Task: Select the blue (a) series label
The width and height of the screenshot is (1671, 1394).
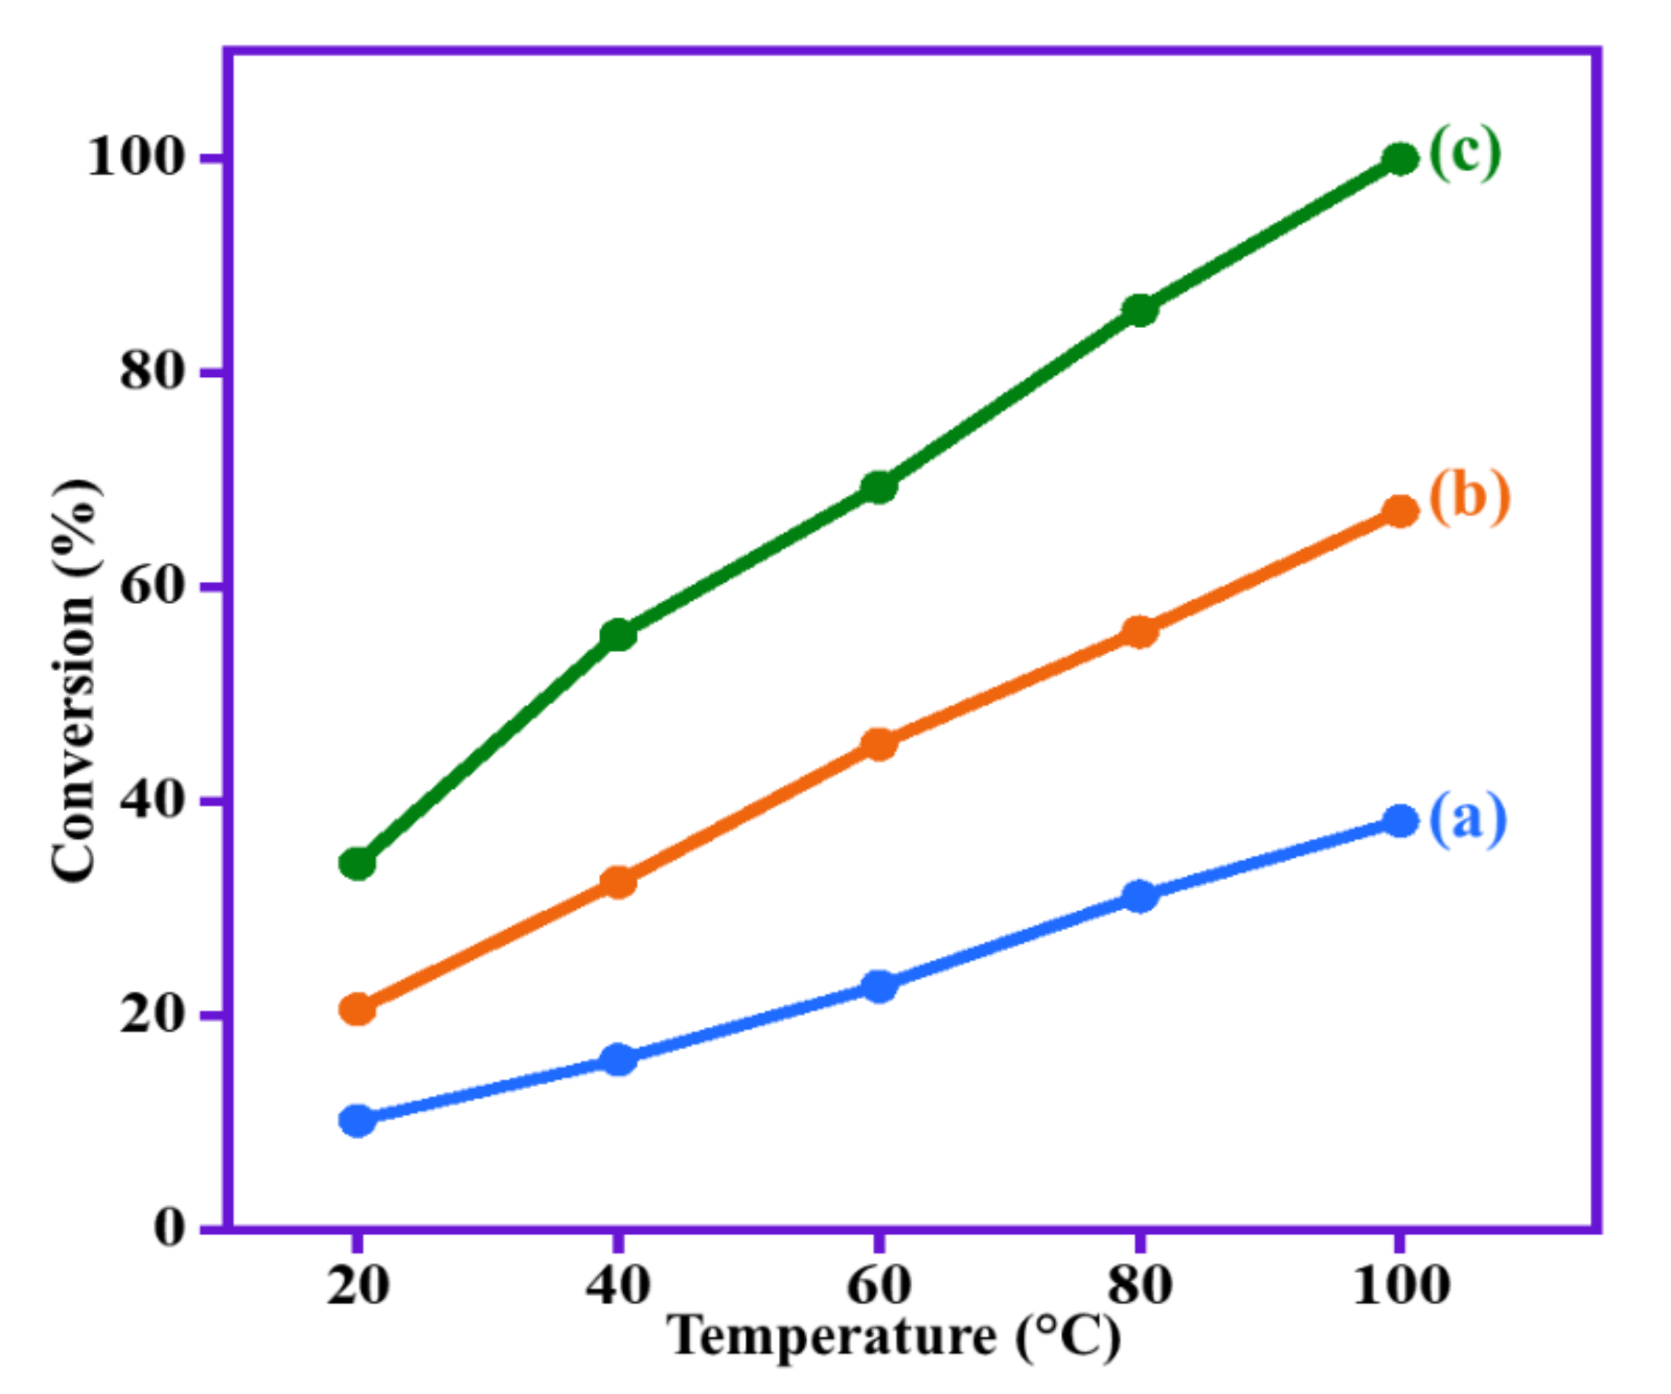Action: point(1468,820)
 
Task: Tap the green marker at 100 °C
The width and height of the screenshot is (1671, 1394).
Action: point(1400,159)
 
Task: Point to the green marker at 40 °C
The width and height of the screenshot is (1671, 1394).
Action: point(618,635)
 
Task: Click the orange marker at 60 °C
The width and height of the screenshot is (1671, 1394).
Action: point(879,744)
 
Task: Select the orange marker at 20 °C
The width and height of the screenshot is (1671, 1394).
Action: point(357,1009)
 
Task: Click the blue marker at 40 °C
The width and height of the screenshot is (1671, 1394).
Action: point(618,1059)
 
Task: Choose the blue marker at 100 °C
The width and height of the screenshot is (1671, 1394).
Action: point(1400,821)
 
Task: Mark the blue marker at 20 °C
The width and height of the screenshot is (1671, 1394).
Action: point(357,1121)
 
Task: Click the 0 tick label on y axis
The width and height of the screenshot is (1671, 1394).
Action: point(169,1228)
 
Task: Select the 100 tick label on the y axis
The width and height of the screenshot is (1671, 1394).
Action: point(135,157)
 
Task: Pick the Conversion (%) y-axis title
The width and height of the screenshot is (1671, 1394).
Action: point(75,681)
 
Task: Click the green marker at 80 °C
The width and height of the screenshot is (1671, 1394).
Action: point(1141,310)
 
